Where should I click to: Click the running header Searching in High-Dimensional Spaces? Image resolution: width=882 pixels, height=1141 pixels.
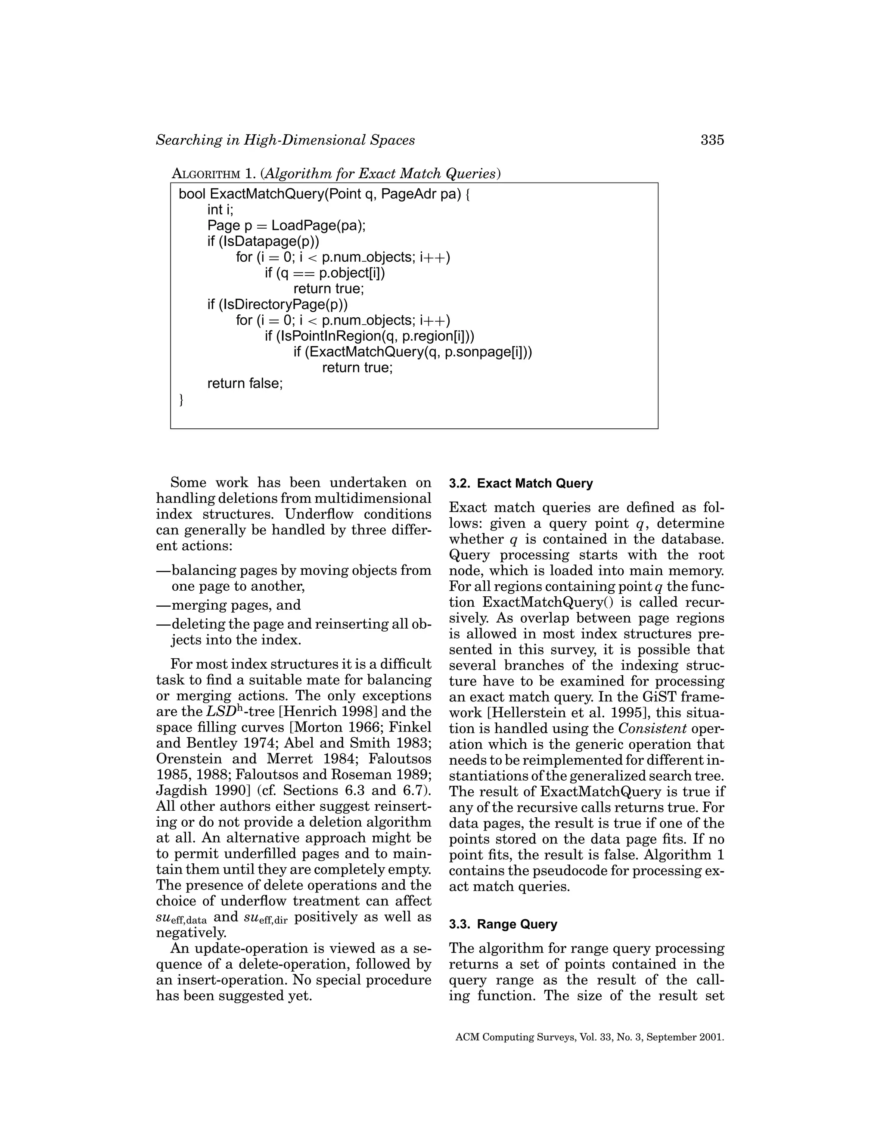point(285,140)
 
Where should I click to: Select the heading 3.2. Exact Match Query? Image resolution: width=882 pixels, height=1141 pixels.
point(521,483)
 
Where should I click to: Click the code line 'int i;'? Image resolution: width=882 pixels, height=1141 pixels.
point(220,210)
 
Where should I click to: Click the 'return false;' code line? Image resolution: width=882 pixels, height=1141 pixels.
point(245,384)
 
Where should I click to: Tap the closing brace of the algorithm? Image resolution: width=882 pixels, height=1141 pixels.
point(181,400)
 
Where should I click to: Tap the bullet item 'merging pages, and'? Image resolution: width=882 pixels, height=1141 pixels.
point(236,605)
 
